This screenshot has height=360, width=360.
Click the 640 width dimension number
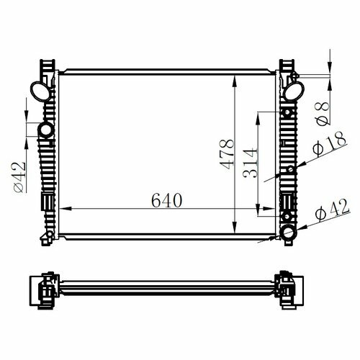tap(167, 200)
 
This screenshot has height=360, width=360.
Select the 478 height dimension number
tap(227, 154)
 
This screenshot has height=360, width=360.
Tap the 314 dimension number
tap(250, 163)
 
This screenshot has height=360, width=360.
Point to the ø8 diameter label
tap(323, 114)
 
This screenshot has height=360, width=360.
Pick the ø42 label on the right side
tap(332, 210)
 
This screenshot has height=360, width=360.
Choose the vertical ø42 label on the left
tap(19, 177)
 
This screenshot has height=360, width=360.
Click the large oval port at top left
tap(40, 91)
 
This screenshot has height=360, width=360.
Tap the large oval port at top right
tap(294, 91)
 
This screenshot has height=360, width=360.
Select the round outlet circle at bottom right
tap(289, 233)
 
